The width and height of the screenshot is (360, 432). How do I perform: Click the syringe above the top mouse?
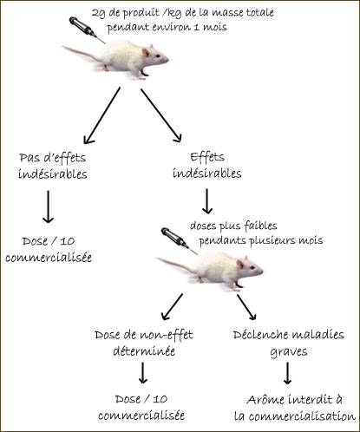(87, 29)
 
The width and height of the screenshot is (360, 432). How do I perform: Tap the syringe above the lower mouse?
(179, 240)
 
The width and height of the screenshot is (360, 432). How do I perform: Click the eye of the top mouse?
(157, 56)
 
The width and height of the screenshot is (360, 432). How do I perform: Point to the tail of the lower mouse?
(176, 265)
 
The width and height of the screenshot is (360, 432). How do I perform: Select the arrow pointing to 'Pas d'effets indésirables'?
(101, 115)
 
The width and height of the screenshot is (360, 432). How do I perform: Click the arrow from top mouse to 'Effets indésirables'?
(161, 115)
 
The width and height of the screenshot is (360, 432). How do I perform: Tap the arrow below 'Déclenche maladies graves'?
(287, 373)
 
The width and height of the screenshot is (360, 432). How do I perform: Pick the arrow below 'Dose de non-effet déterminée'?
(143, 372)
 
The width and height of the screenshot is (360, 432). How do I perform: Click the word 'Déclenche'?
(259, 335)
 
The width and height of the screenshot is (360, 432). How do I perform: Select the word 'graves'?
(289, 352)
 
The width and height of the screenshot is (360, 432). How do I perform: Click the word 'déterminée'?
(144, 351)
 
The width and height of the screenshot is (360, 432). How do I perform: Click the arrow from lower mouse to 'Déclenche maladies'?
(246, 307)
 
